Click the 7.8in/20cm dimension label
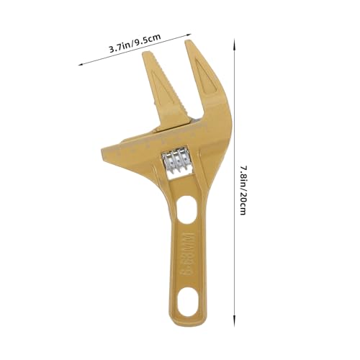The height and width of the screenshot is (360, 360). click(243, 190)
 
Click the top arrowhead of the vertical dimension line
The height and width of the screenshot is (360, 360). click(234, 43)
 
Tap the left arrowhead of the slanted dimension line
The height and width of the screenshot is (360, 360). click(81, 64)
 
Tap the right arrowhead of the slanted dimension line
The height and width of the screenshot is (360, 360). click(189, 35)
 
